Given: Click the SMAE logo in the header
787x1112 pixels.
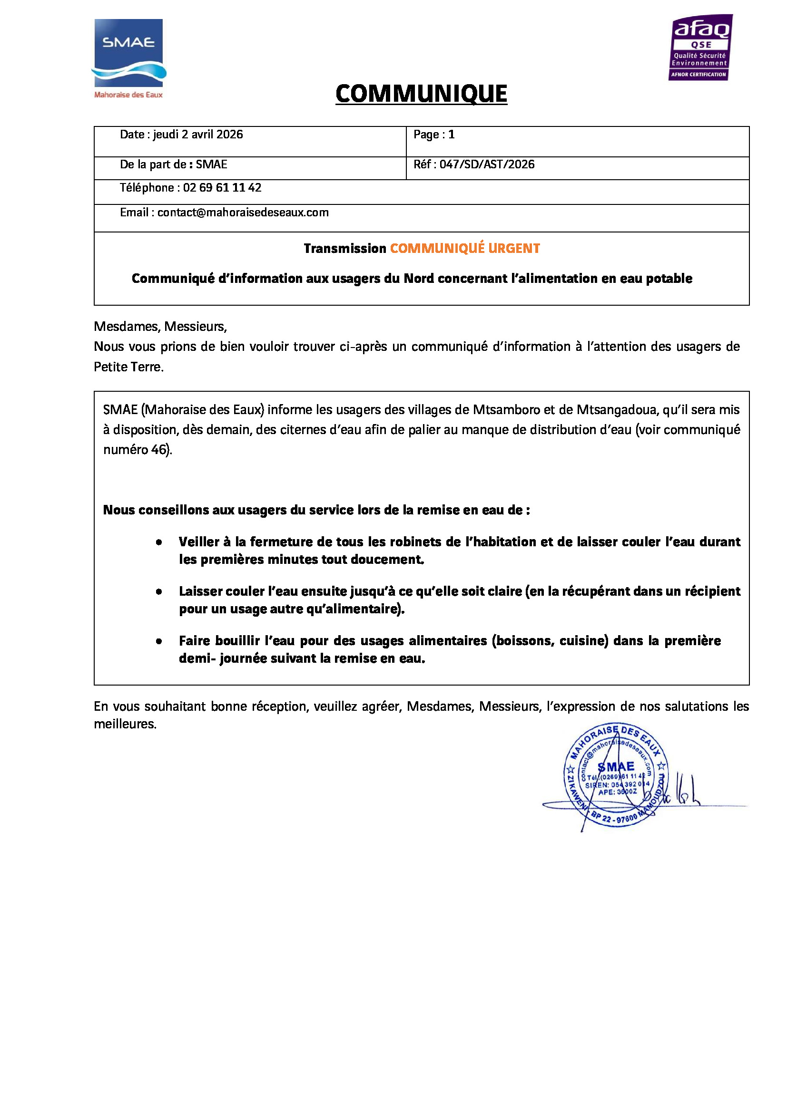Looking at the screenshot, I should pyautogui.click(x=128, y=58).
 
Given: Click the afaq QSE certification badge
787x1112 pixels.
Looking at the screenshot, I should pyautogui.click(x=700, y=48).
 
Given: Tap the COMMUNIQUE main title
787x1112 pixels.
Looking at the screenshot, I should pyautogui.click(x=421, y=94).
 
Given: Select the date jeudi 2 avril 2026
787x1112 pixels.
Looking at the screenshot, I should pyautogui.click(x=198, y=135).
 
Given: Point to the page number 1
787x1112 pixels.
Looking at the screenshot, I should pyautogui.click(x=451, y=135).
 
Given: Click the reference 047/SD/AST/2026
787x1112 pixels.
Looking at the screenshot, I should pyautogui.click(x=487, y=164).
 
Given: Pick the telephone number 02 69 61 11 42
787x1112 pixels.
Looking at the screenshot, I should pyautogui.click(x=222, y=188).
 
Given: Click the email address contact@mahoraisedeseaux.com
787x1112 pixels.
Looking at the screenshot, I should pyautogui.click(x=243, y=213).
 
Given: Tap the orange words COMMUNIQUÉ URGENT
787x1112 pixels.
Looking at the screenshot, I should pyautogui.click(x=465, y=249).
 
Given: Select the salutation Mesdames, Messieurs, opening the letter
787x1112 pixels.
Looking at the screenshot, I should pyautogui.click(x=160, y=327).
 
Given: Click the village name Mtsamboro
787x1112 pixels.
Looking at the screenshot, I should pyautogui.click(x=506, y=410).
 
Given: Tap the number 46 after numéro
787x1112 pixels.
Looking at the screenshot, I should pyautogui.click(x=158, y=450).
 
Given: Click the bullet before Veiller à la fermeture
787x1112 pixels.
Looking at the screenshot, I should pyautogui.click(x=159, y=542).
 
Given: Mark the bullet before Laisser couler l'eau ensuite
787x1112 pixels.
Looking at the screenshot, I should pyautogui.click(x=159, y=592).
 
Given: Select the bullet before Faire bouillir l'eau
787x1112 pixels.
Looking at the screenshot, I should pyautogui.click(x=159, y=641).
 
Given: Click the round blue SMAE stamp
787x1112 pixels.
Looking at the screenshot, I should pyautogui.click(x=615, y=776).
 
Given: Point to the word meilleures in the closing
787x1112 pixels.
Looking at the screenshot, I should pyautogui.click(x=125, y=725).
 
